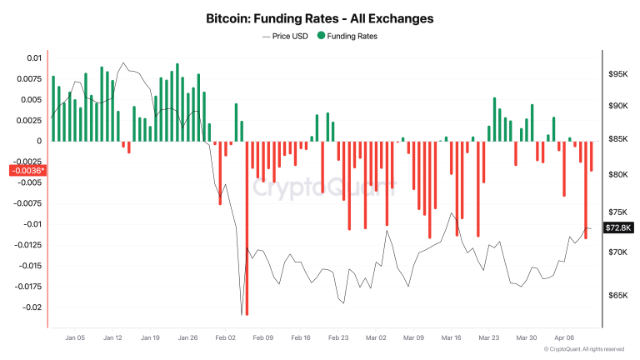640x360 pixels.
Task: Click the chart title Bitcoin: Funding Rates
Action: pyautogui.click(x=320, y=17)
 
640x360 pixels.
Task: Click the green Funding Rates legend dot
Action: pyautogui.click(x=322, y=37)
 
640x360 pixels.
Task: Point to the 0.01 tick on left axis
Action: pyautogui.click(x=33, y=57)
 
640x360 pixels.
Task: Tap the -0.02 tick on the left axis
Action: pyautogui.click(x=31, y=307)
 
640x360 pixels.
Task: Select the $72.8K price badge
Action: pyautogui.click(x=619, y=227)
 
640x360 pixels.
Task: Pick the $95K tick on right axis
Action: pyautogui.click(x=618, y=74)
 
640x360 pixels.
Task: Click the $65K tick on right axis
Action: pyautogui.click(x=618, y=296)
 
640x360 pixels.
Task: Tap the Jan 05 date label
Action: pyautogui.click(x=75, y=338)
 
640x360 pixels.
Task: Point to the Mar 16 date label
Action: pyautogui.click(x=452, y=338)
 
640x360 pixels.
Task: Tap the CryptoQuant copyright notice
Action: pyautogui.click(x=583, y=350)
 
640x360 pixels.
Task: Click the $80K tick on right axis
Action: pyautogui.click(x=618, y=174)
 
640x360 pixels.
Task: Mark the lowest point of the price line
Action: pyautogui.click(x=242, y=315)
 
